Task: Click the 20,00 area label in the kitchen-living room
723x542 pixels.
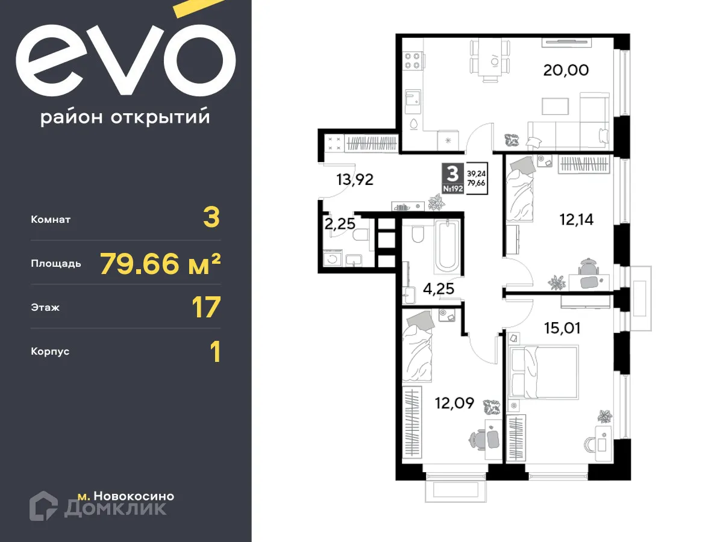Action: coord(566,70)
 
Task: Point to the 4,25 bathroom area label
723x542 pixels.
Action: coord(438,289)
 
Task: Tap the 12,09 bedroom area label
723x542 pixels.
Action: coord(454,402)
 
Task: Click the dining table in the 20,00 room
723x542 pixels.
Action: coord(493,59)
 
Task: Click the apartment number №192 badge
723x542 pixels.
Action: coord(452,189)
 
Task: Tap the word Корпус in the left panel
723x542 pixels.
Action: coord(50,351)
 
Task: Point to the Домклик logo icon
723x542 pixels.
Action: coord(43,505)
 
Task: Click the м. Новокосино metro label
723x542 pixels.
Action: coord(126,496)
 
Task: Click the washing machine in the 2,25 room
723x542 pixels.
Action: coord(332,260)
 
